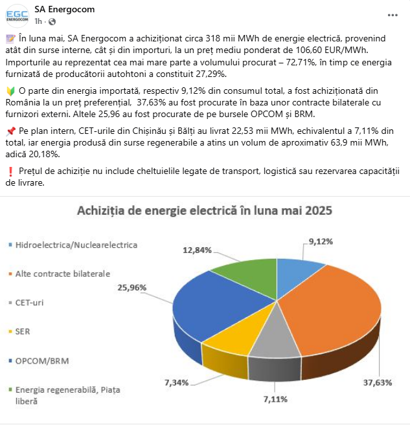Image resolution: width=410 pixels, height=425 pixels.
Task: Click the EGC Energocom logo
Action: [17, 14]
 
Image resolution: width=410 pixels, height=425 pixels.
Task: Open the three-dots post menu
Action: [374, 14]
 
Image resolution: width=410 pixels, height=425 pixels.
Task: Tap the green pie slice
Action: [243, 265]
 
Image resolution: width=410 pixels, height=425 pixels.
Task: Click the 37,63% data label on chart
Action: [378, 382]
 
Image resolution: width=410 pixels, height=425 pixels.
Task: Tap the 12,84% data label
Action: [197, 250]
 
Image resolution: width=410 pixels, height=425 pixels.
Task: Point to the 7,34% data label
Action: [176, 382]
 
